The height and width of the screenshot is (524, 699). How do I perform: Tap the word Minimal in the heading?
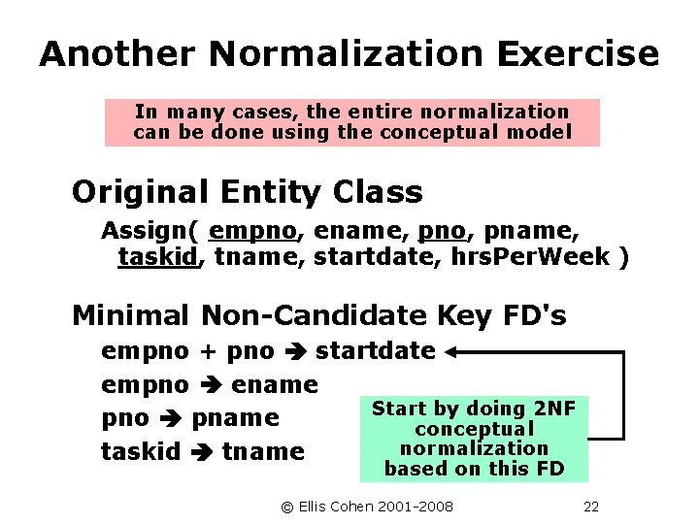click(131, 315)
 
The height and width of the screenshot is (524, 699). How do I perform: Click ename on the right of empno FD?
click(276, 384)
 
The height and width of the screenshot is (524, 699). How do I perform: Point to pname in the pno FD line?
click(236, 418)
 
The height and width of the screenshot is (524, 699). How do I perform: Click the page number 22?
click(591, 507)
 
